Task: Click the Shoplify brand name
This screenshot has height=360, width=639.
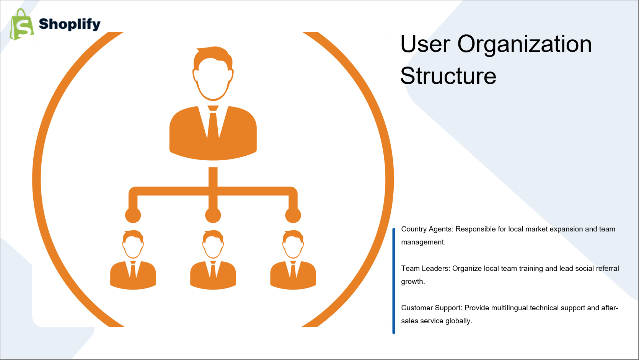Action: pos(70,24)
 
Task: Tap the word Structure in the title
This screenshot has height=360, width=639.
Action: pos(448,76)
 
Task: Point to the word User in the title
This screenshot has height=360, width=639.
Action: pos(425,44)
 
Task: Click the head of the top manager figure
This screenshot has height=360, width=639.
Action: pos(213,73)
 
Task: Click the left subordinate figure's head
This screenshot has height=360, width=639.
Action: pos(133,244)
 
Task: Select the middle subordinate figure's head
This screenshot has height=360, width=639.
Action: pos(213,244)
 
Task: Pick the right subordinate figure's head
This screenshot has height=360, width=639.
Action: pos(293,244)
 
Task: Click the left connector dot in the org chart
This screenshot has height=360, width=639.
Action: pos(133,215)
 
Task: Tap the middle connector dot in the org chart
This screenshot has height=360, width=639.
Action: pos(213,215)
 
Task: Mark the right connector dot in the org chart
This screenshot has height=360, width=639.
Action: pos(293,215)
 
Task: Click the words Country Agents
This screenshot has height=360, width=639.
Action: pos(427,229)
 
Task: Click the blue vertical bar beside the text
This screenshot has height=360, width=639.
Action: pos(394,281)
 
